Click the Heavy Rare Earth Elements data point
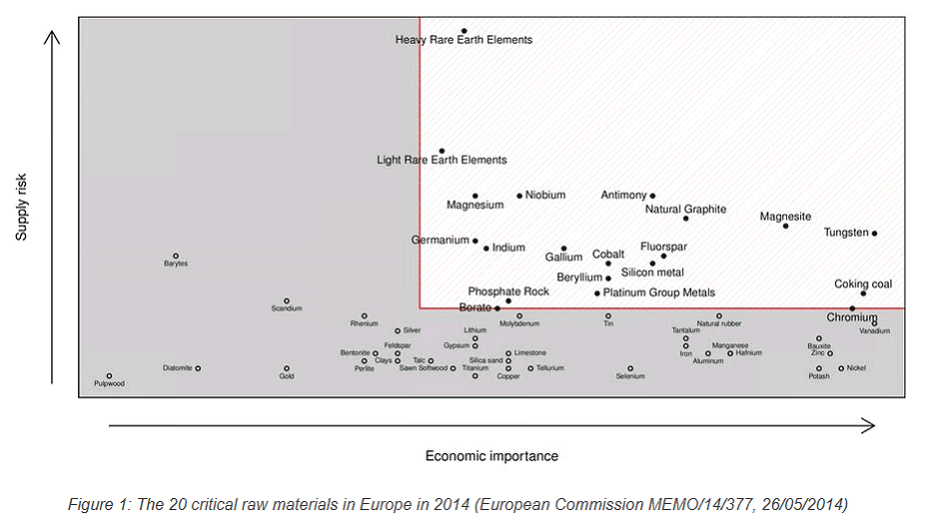(465, 31)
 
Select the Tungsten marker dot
(874, 234)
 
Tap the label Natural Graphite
(685, 210)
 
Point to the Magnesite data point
(785, 226)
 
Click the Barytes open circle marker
(176, 257)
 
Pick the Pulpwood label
(110, 384)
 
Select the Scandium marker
(287, 300)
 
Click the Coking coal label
(863, 284)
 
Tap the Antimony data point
(652, 197)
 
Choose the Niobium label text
(545, 196)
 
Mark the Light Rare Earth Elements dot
(442, 151)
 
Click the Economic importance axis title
(491, 456)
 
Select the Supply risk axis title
(21, 207)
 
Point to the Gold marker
(287, 368)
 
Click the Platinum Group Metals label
(659, 293)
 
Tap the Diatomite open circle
(198, 368)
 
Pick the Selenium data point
(630, 368)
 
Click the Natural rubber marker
(719, 316)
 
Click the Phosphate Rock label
(508, 291)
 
